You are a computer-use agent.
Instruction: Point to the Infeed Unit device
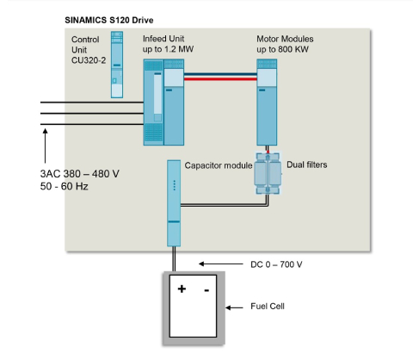coord(163,106)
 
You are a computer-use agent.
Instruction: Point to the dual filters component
coord(267,175)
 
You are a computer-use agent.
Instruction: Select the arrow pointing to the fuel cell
coord(236,307)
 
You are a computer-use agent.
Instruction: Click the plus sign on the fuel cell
coord(182,290)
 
